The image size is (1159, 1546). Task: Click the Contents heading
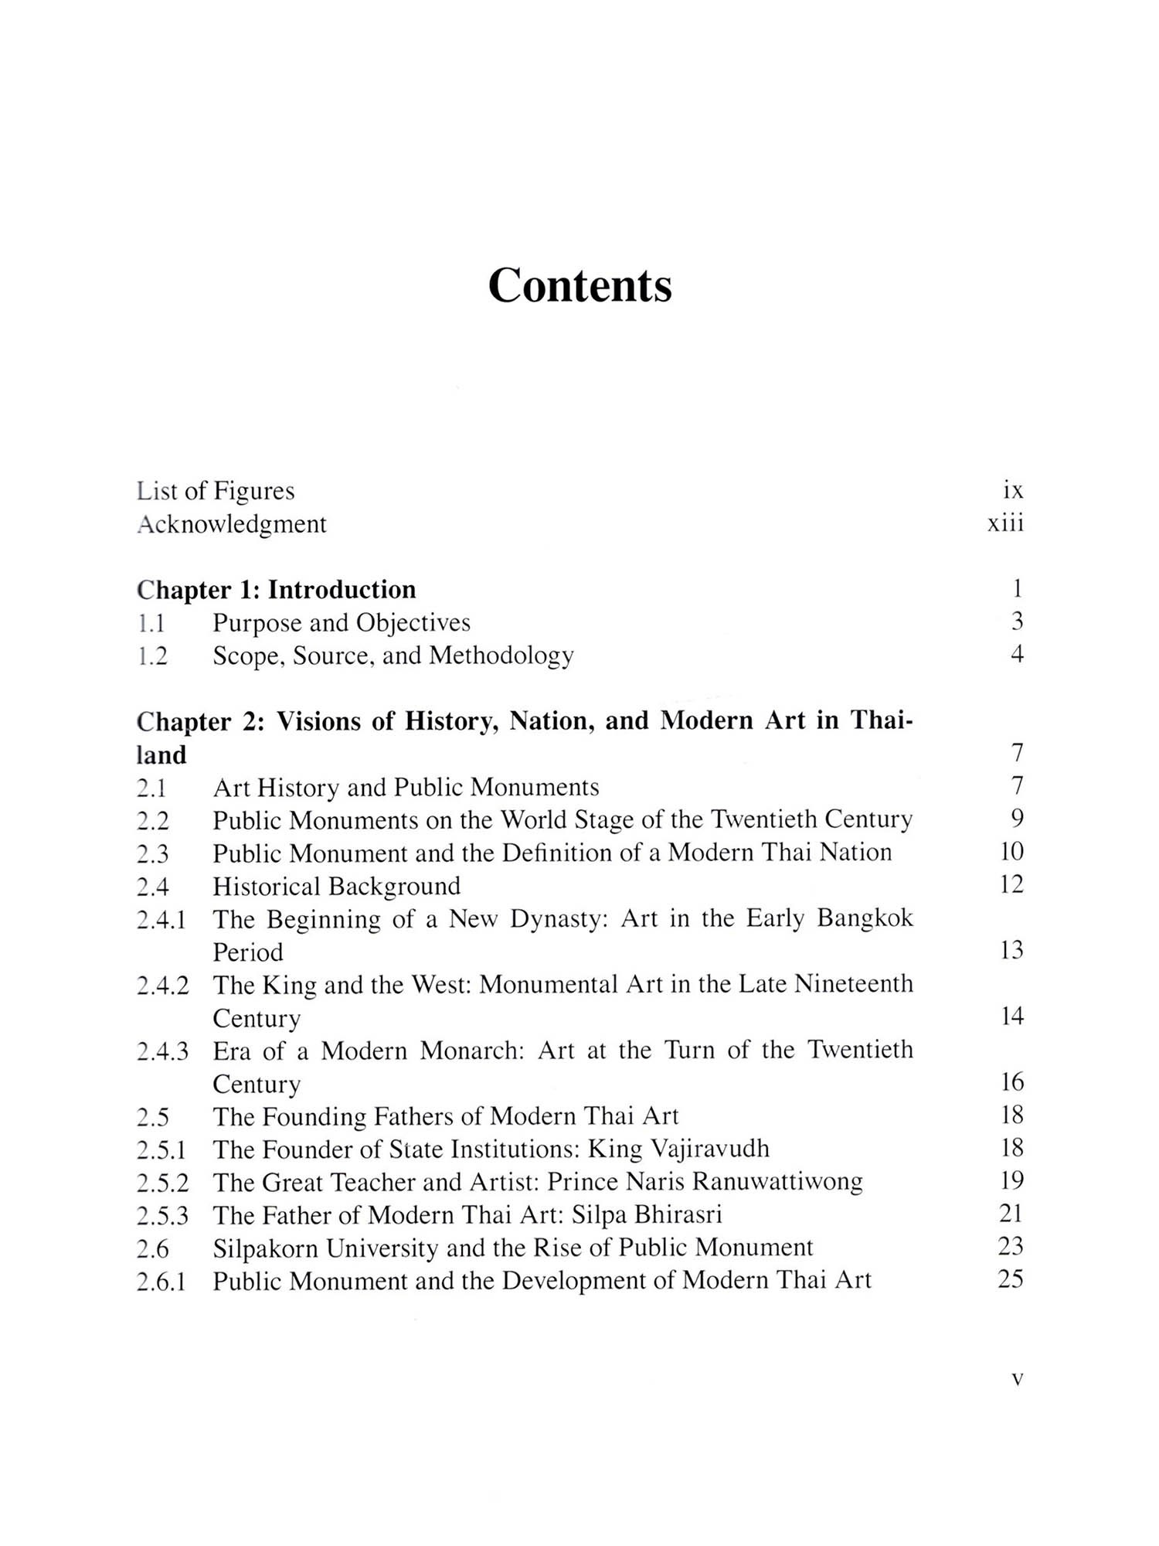coord(579,285)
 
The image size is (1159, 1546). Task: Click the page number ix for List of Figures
coord(1013,490)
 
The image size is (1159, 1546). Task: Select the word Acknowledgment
coord(232,524)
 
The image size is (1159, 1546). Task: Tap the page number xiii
coord(1005,523)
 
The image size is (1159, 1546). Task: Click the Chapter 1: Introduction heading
coord(277,590)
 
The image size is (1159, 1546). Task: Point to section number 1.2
coord(151,656)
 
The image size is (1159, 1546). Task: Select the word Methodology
coord(501,656)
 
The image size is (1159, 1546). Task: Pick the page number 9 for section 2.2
coord(1017,818)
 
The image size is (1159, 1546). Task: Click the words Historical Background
coord(336,886)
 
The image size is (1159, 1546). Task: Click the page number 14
coord(1011,1016)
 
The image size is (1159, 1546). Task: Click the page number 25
coord(1011,1279)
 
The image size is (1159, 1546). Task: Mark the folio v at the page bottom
coord(1017,1378)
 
